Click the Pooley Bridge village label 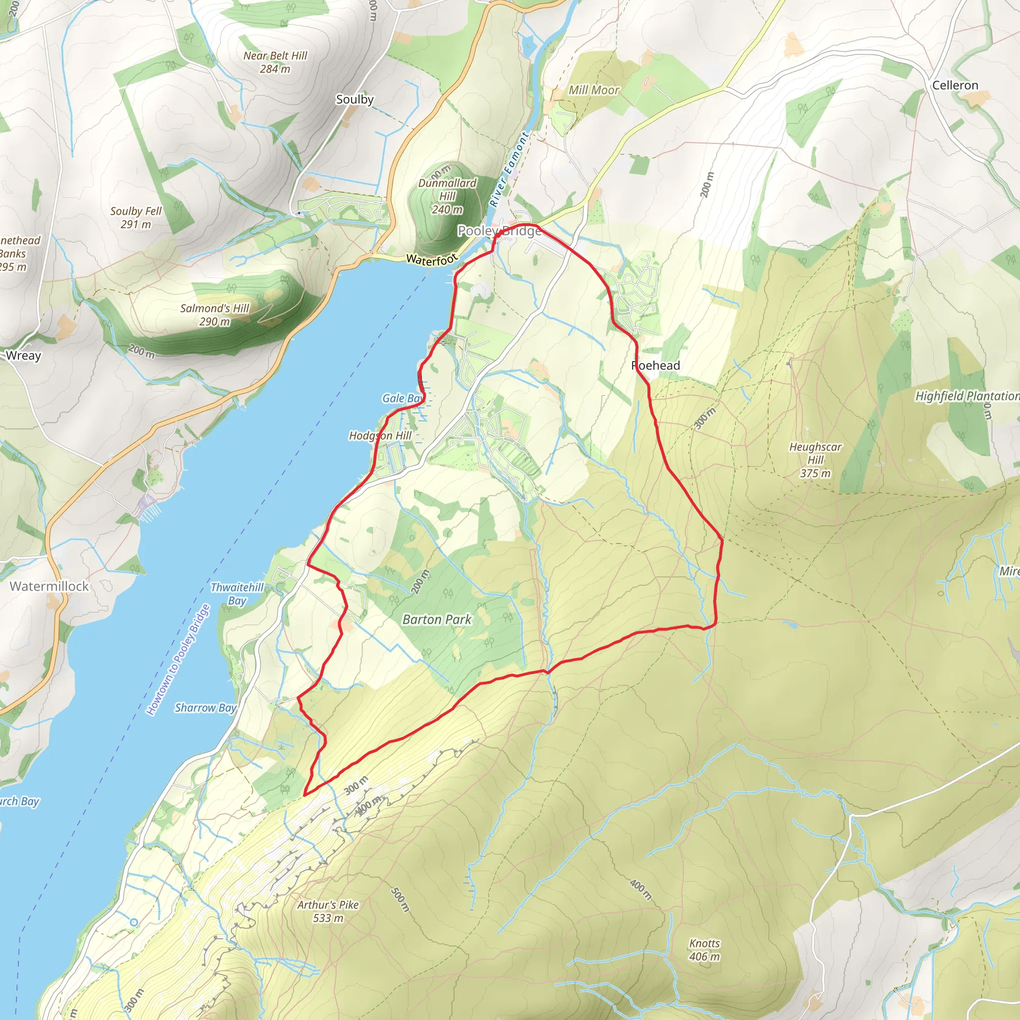[499, 231]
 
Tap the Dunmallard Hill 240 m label [447, 196]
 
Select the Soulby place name [355, 99]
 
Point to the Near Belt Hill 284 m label [275, 62]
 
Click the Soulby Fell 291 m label [135, 218]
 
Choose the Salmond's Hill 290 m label [214, 315]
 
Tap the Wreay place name [23, 355]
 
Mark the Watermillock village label [49, 586]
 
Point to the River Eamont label [509, 169]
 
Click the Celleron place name [955, 86]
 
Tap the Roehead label [656, 366]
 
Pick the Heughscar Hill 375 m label [815, 460]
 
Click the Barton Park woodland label [437, 619]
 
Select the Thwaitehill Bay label [237, 593]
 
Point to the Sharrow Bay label [205, 707]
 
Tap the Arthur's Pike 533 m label [328, 911]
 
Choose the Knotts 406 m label [704, 950]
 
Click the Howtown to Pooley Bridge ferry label [178, 660]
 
